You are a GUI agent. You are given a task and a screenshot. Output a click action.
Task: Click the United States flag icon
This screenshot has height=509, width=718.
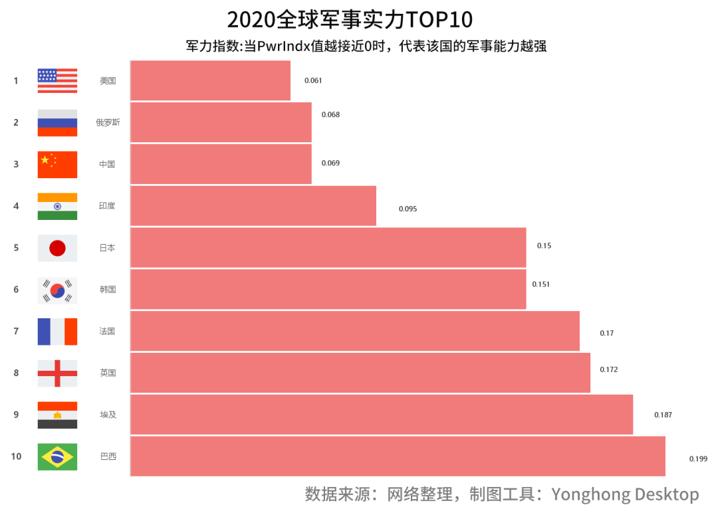57,80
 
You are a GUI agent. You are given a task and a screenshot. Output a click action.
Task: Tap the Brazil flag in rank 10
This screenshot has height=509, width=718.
57,457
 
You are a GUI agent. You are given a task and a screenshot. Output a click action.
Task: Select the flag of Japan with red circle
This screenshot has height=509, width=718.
57,248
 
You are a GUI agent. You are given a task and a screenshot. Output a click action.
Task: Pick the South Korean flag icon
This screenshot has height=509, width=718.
57,290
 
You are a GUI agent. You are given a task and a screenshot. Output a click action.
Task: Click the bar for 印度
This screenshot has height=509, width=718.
253,206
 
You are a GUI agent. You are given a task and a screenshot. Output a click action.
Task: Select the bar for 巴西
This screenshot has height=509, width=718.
397,457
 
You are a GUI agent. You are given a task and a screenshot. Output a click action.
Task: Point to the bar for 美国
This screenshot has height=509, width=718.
210,80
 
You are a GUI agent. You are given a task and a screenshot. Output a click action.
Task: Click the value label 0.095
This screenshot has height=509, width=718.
408,209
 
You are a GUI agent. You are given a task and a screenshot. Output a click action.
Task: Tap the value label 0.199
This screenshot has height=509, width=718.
698,458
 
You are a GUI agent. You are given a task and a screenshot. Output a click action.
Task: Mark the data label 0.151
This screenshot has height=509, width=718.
541,284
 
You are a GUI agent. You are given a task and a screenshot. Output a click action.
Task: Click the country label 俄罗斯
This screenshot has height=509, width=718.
108,122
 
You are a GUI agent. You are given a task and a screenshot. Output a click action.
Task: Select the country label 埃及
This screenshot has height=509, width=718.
108,415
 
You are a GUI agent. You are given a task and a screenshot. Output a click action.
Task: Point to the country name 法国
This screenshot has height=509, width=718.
108,331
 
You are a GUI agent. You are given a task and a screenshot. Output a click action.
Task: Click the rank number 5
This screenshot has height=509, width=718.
16,248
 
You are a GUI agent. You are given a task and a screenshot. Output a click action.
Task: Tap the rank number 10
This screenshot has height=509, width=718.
16,457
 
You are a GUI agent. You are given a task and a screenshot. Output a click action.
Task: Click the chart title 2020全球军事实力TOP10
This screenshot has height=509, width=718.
350,20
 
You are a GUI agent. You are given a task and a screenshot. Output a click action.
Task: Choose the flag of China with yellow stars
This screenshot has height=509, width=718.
57,164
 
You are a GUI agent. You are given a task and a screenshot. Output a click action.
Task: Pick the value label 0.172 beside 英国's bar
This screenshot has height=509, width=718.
608,369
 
